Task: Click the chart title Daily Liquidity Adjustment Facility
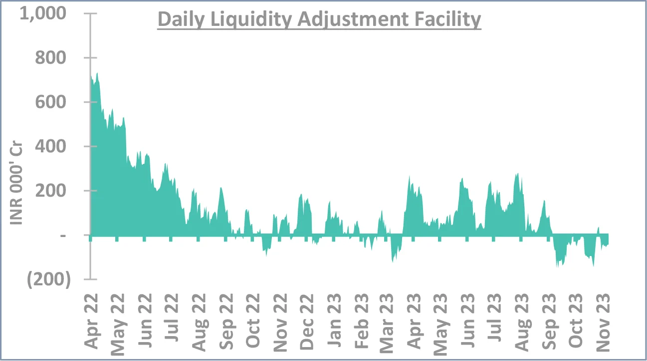(x=319, y=20)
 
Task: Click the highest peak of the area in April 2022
(x=97, y=73)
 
